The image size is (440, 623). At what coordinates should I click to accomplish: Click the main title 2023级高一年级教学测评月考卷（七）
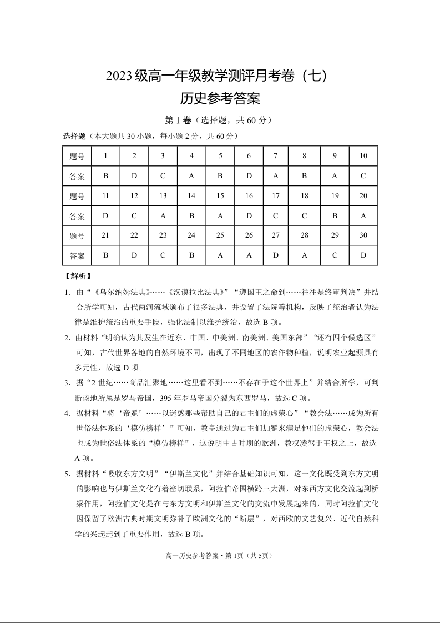click(x=220, y=76)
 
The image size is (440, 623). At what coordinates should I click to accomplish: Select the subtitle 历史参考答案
click(x=220, y=99)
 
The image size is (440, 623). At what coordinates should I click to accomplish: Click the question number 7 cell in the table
click(x=276, y=156)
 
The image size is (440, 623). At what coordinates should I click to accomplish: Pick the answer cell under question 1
click(x=105, y=176)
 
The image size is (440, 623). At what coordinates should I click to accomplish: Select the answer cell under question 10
click(x=363, y=176)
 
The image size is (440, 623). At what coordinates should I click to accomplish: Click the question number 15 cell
click(x=220, y=196)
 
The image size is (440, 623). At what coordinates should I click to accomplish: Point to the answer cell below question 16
click(x=249, y=216)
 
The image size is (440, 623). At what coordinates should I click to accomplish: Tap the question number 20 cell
click(x=363, y=196)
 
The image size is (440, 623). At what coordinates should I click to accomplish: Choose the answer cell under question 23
click(x=163, y=256)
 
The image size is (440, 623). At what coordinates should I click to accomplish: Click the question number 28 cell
click(x=304, y=235)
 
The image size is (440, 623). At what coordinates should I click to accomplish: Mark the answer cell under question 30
click(x=363, y=256)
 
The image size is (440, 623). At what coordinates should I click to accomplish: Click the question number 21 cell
click(x=105, y=235)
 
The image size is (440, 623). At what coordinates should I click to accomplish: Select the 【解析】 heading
click(x=78, y=276)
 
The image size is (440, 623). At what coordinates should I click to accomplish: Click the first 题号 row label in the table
click(x=77, y=156)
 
